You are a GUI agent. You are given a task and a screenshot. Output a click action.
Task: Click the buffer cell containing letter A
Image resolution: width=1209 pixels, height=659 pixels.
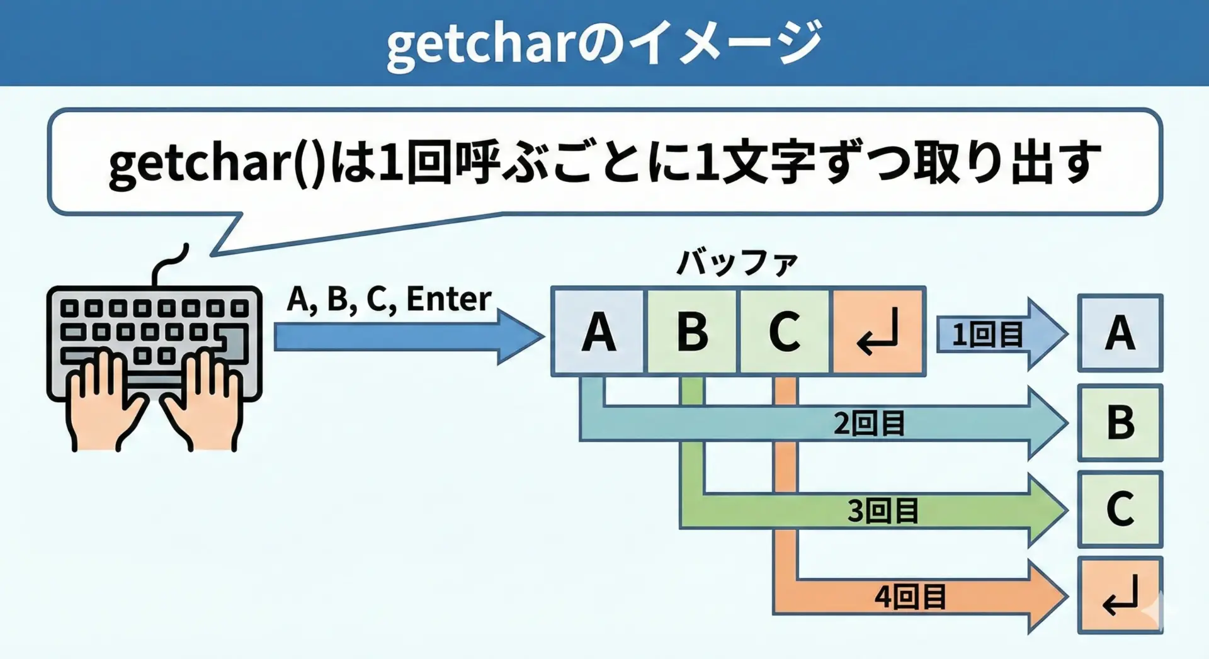pos(598,332)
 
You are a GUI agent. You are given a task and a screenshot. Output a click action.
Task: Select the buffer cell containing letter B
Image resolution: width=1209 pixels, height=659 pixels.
pos(692,332)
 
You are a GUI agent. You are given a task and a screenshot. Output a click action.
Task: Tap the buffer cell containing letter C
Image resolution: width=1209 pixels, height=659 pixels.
pos(785,332)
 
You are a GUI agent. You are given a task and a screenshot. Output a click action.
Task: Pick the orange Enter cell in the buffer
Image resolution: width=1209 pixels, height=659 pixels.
pos(878,332)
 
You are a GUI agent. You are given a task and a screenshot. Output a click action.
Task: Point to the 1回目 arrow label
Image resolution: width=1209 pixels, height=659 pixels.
pos(987,335)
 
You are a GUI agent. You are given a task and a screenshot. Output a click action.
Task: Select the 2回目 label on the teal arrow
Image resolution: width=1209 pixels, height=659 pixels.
pos(869,423)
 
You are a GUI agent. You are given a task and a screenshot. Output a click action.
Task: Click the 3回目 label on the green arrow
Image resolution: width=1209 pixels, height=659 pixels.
pos(883,510)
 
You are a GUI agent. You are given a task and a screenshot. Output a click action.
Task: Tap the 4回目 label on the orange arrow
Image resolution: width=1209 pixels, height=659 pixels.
pos(910,596)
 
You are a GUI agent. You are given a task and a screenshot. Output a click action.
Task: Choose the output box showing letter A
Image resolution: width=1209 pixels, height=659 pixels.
pos(1120,333)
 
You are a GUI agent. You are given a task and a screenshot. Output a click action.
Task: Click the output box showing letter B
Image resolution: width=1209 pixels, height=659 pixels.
pos(1120,423)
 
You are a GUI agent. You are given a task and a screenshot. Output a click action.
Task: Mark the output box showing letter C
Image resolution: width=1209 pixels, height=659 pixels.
pos(1120,509)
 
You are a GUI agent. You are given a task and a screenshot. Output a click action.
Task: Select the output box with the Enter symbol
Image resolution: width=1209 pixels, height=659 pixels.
pos(1120,595)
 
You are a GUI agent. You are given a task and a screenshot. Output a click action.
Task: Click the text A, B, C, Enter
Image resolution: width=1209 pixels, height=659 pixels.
pos(389,299)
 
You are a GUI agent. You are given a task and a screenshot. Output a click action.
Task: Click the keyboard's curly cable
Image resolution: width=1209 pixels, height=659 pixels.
pos(169,264)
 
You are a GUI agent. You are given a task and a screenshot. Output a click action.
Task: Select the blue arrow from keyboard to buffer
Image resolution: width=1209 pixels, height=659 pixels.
pos(409,337)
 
